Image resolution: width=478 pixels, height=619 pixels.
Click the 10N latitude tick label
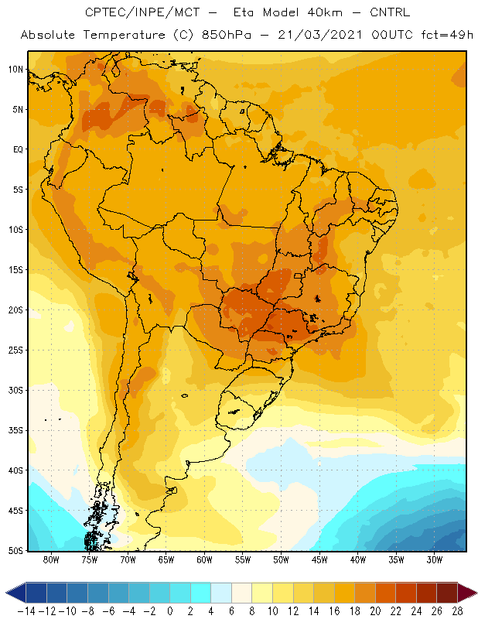tap(15, 70)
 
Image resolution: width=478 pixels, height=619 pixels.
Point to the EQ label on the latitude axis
tap(18, 149)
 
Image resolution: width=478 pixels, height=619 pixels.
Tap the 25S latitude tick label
tap(15, 351)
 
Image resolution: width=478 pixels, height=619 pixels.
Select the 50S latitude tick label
tap(15, 551)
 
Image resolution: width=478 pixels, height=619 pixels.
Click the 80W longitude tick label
tap(51, 559)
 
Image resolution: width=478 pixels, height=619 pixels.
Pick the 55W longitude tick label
tap(243, 559)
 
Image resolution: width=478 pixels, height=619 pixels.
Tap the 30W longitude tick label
tap(435, 559)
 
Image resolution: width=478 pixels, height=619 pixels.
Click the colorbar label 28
tap(457, 611)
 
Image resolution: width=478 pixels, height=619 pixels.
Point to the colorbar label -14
tap(27, 611)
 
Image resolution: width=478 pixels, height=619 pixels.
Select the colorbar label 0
tap(170, 611)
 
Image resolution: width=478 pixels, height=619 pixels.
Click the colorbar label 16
tap(334, 611)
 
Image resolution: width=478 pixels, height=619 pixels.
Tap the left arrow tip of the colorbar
tap(6, 593)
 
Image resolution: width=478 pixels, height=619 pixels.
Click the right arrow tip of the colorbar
tap(476, 593)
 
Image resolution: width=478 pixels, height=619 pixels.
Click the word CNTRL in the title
tap(390, 12)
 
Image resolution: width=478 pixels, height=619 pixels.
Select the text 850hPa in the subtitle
tap(226, 35)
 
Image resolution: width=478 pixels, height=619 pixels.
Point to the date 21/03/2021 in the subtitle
tap(319, 35)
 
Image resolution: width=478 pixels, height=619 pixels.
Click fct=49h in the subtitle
tap(447, 35)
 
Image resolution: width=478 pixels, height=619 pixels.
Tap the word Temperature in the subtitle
tap(124, 35)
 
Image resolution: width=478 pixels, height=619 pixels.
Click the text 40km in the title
tap(324, 12)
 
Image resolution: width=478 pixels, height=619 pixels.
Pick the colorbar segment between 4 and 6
tap(221, 593)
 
